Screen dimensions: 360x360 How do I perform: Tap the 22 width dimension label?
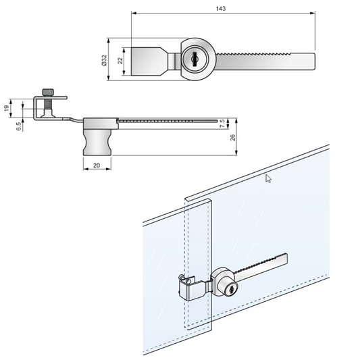coord(120,60)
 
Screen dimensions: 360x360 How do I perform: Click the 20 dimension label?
coord(97,165)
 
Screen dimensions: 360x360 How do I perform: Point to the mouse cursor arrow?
coord(269,179)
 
